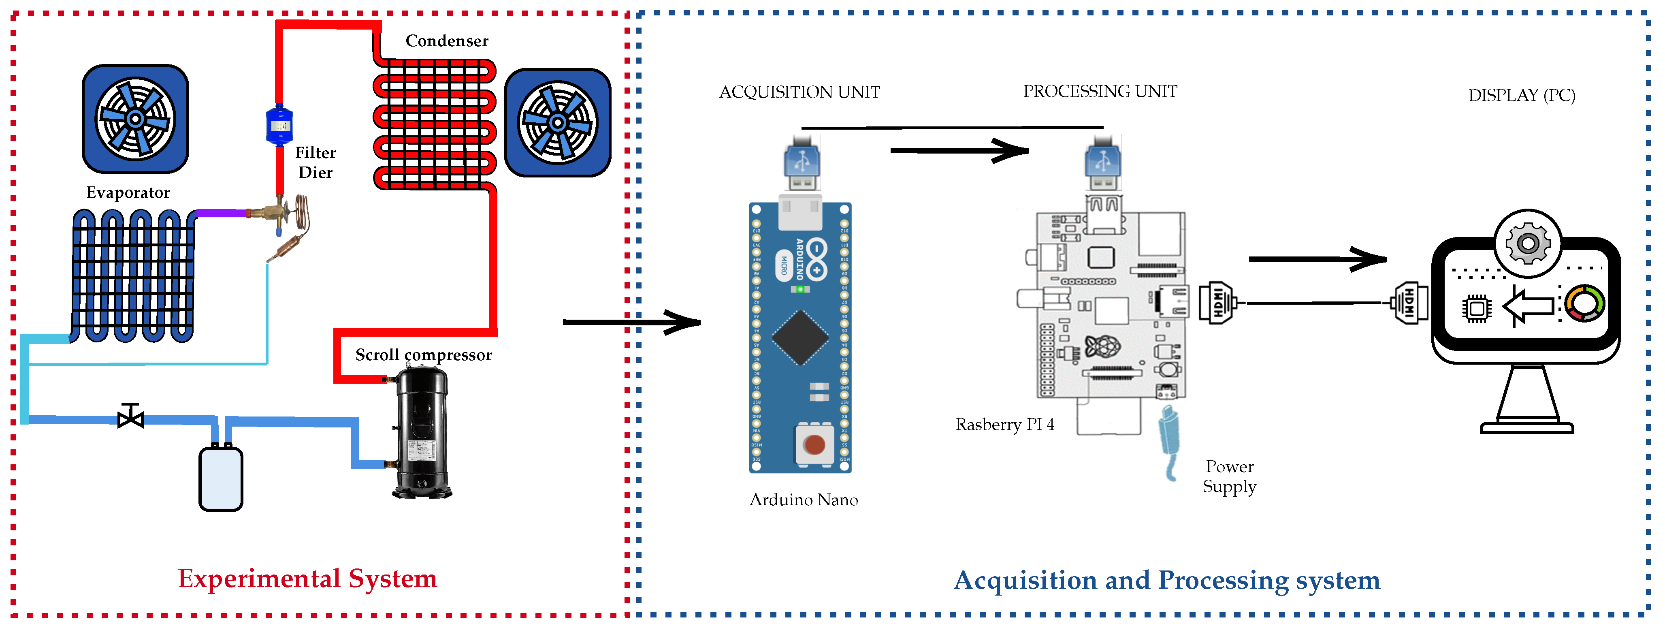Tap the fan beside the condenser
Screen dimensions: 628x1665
(x=557, y=123)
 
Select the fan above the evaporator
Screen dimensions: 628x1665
(x=135, y=119)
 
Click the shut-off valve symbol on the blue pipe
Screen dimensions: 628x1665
(x=130, y=418)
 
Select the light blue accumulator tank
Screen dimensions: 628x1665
(x=220, y=478)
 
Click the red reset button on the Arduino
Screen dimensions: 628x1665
(x=814, y=444)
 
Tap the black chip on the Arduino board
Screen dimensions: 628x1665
(x=800, y=337)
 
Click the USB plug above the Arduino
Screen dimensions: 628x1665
(x=802, y=162)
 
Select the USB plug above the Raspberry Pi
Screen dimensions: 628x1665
(x=1103, y=162)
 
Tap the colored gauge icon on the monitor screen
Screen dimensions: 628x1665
(x=1584, y=303)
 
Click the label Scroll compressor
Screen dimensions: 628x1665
(x=423, y=355)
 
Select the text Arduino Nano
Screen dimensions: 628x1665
(x=804, y=500)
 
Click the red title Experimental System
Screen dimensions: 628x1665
(x=308, y=578)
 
